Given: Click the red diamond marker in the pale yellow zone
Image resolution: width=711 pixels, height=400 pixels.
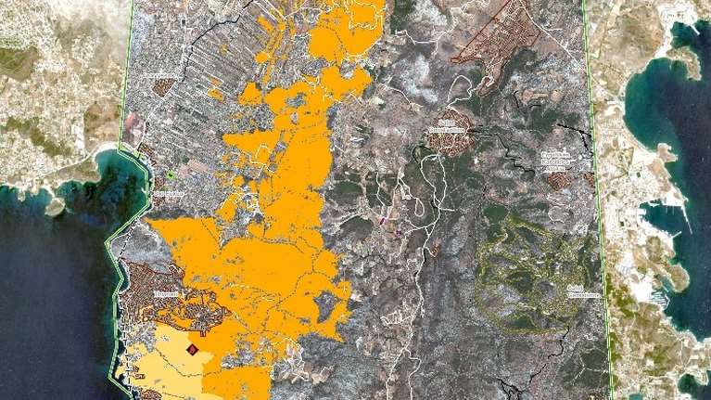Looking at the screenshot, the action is click(x=192, y=349).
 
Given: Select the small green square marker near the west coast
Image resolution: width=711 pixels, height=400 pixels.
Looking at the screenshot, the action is click(x=171, y=174).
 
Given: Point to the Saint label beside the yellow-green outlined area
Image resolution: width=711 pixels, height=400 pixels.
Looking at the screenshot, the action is click(x=581, y=290).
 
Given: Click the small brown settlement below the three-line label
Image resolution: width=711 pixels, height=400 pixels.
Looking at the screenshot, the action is click(x=556, y=179).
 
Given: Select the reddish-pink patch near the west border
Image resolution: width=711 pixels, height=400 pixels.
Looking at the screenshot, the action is click(x=133, y=131).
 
